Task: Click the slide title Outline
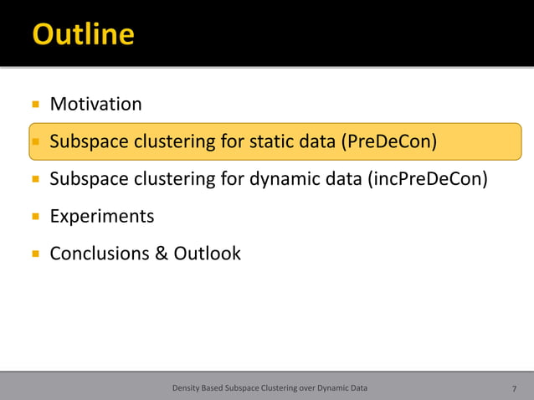click(83, 33)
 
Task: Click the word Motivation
click(95, 105)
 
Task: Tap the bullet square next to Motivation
click(35, 105)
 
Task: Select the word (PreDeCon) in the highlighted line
click(388, 141)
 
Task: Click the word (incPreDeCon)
click(427, 179)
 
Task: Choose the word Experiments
click(102, 217)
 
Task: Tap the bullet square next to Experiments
click(35, 217)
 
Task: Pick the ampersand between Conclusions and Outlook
click(162, 254)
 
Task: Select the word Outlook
click(207, 254)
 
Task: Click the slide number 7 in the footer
click(514, 388)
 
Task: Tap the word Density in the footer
click(186, 388)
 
